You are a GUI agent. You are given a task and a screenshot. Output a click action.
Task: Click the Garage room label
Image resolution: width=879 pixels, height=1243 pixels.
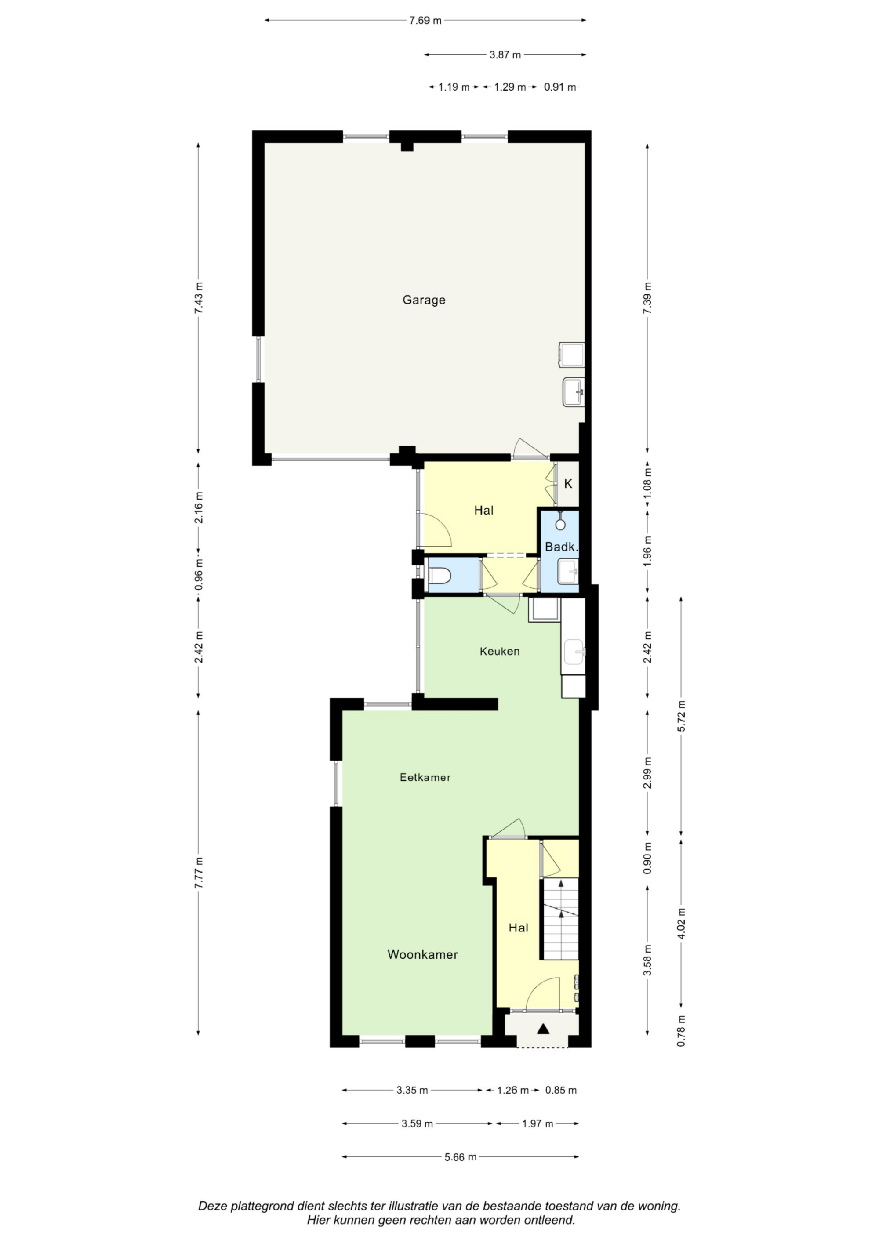[x=424, y=300]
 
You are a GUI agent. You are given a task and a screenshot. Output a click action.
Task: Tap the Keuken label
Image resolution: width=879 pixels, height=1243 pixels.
[x=499, y=651]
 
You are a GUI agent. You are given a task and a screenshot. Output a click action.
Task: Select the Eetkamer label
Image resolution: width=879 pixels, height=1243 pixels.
[x=425, y=777]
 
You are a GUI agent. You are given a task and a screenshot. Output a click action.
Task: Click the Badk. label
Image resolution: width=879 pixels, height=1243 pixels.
[x=562, y=547]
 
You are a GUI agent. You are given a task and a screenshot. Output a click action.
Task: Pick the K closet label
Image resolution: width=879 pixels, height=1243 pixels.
[x=568, y=483]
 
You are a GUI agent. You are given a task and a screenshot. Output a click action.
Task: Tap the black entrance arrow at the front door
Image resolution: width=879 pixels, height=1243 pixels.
[x=543, y=1029]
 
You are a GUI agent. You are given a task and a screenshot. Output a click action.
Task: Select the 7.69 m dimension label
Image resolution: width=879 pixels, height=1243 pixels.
[x=425, y=21]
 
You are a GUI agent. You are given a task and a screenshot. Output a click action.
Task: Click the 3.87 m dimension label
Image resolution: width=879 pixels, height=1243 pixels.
[x=505, y=54]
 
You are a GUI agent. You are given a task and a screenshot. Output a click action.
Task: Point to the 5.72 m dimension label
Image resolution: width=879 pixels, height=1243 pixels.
[x=681, y=716]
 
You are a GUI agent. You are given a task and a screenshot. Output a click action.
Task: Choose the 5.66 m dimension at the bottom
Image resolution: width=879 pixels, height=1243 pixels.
[x=460, y=1157]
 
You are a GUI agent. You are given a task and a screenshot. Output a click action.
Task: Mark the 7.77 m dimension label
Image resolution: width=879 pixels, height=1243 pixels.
[x=199, y=872]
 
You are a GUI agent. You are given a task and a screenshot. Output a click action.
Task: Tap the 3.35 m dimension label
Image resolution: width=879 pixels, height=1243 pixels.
[x=412, y=1091]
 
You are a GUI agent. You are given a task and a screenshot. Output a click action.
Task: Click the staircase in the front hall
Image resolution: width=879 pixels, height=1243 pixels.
[x=561, y=919]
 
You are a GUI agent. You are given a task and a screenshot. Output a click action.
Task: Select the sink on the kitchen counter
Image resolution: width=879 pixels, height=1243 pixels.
[x=574, y=651]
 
